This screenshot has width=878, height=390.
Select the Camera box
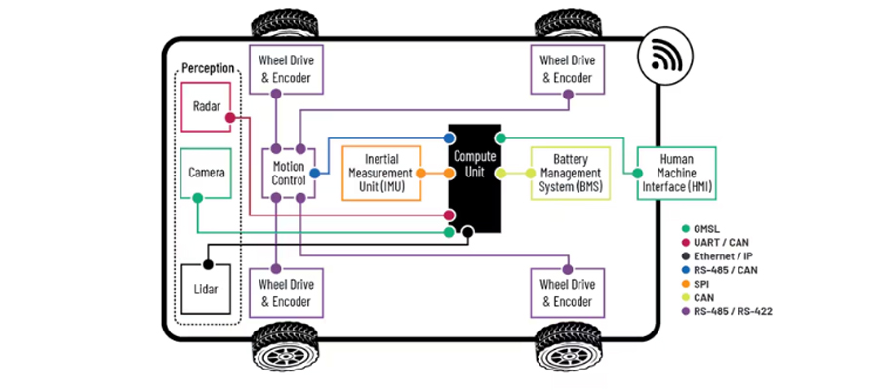point(207,173)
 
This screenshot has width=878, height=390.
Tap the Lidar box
point(207,289)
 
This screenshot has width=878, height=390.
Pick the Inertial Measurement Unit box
point(380,173)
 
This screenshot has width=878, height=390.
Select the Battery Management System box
point(570,173)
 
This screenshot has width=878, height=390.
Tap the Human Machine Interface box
point(676,173)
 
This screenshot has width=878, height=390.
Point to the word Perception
point(208,69)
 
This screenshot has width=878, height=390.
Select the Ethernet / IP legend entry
point(724,256)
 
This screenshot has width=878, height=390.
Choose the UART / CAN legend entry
point(722,242)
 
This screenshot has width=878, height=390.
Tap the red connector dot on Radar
point(231,118)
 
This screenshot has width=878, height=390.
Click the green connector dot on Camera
point(197,198)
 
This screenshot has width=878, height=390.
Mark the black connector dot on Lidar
point(207,264)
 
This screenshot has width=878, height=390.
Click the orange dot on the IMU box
point(419,173)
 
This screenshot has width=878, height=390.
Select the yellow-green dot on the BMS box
point(532,173)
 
